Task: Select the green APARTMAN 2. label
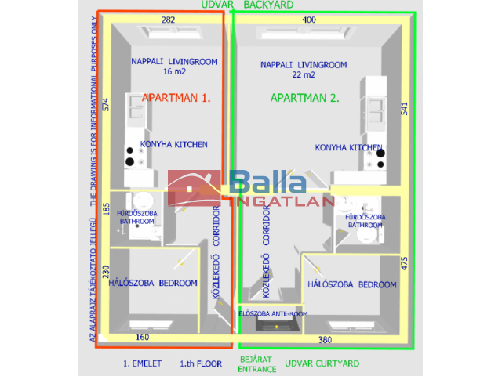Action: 304,98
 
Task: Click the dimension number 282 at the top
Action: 167,19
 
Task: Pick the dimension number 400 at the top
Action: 309,19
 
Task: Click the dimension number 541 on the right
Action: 404,109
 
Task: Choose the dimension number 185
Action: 106,210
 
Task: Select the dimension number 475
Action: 405,263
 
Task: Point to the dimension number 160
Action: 143,338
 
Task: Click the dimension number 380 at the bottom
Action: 325,340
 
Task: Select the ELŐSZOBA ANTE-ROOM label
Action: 273,313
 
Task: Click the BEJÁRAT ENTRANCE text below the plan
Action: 257,364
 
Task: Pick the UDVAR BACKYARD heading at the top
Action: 258,5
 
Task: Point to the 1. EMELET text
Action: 142,364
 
